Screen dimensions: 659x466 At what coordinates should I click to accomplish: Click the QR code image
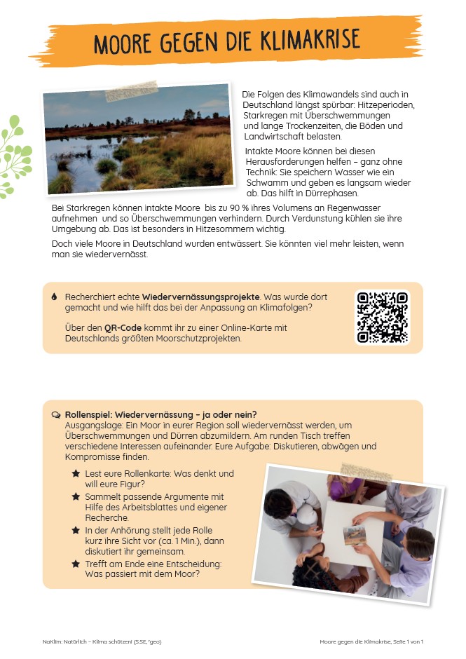382,318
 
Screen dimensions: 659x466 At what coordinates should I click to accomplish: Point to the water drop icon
54,297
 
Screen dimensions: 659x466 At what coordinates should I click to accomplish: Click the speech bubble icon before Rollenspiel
55,414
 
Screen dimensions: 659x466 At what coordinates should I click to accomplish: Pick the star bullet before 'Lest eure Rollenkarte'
75,474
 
